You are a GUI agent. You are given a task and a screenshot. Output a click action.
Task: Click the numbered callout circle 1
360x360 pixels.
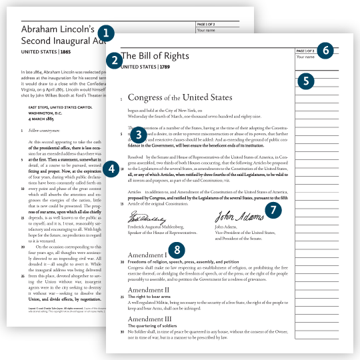(x=105, y=31)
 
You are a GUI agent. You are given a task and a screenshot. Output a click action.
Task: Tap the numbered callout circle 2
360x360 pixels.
(x=115, y=59)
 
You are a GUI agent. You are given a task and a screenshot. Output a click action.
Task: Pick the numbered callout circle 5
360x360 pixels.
(x=305, y=81)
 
